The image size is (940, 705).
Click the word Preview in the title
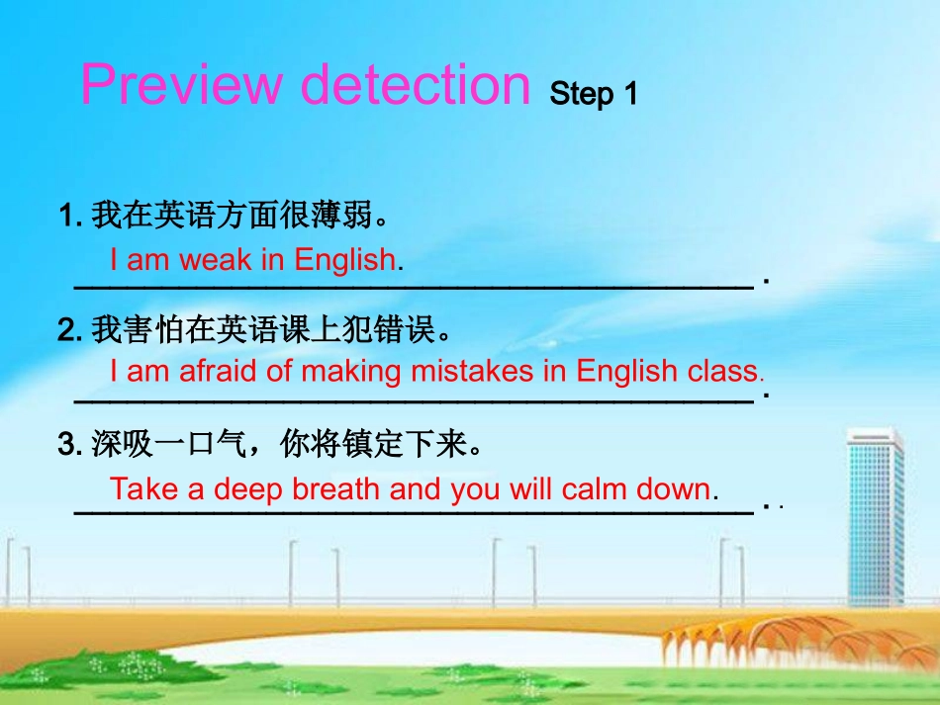click(181, 85)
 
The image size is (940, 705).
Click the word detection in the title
click(416, 85)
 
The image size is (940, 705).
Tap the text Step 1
click(594, 94)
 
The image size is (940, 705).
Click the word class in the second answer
click(721, 371)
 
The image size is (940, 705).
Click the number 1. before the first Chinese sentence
click(70, 214)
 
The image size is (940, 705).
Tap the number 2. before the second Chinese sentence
click(70, 328)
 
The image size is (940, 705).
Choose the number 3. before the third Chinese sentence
click(70, 445)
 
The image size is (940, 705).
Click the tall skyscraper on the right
click(876, 514)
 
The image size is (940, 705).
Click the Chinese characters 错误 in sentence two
click(405, 328)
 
